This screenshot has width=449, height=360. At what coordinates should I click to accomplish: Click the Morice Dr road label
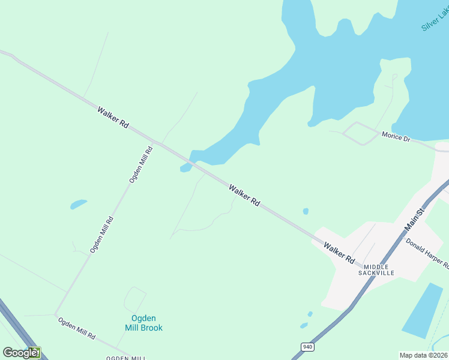click(x=396, y=137)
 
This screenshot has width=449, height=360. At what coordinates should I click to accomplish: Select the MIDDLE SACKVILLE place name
click(x=376, y=269)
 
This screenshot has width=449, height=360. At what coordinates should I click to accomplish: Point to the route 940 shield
click(x=307, y=347)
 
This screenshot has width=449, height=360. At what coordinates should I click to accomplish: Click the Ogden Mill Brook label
click(x=143, y=323)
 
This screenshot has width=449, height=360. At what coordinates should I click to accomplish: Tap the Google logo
click(x=20, y=353)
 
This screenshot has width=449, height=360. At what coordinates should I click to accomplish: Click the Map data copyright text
click(x=424, y=355)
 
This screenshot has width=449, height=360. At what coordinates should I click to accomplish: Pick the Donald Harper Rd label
click(x=427, y=252)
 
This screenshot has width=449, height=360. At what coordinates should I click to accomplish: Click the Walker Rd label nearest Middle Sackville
click(x=339, y=253)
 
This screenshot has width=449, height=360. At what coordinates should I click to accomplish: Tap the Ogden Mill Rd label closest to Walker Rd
click(x=141, y=164)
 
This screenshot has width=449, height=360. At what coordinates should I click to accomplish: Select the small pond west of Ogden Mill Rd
click(x=78, y=204)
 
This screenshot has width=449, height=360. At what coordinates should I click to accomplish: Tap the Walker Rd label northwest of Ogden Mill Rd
click(x=113, y=116)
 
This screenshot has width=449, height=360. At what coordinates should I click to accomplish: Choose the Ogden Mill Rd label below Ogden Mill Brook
click(x=76, y=328)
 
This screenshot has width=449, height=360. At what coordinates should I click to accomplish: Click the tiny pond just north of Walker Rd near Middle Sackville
click(x=306, y=211)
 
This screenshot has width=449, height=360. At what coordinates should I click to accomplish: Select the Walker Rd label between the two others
click(x=244, y=196)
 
